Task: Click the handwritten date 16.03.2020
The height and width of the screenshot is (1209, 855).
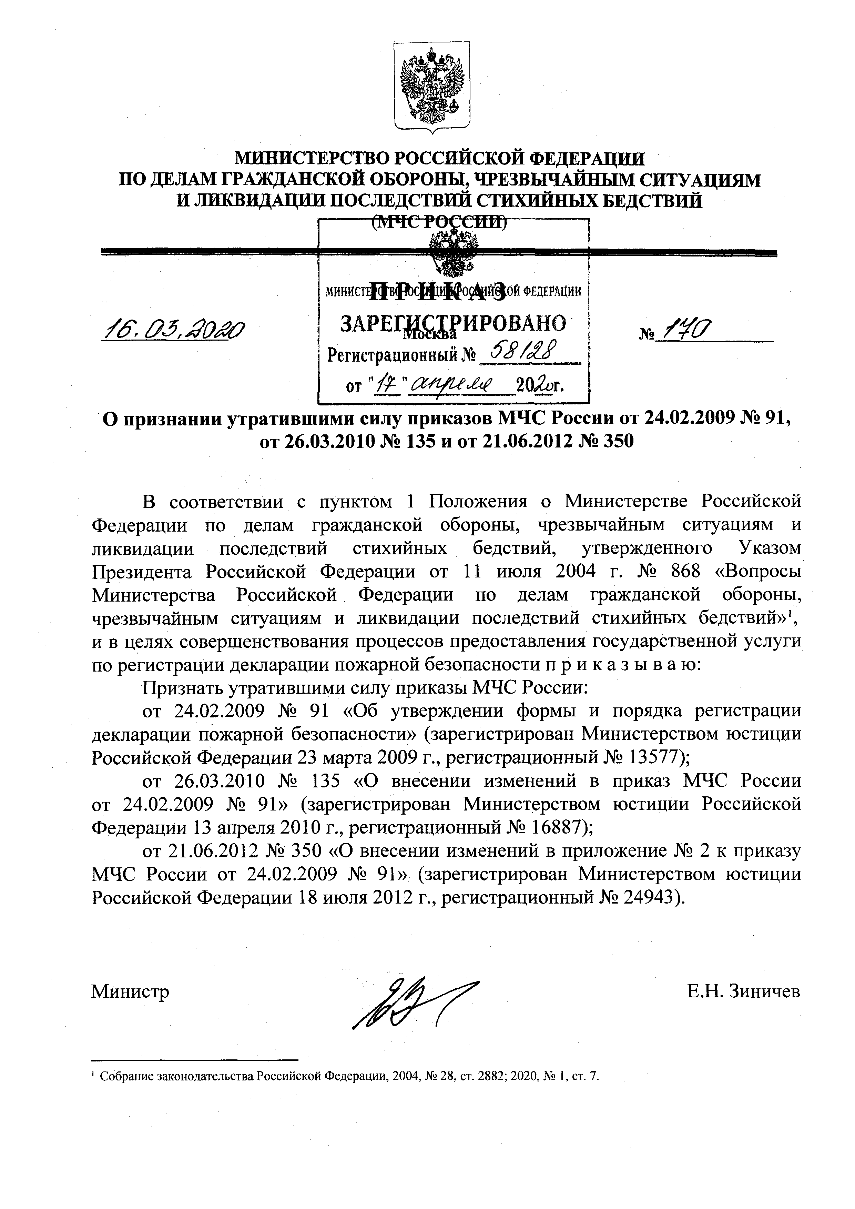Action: click(x=173, y=331)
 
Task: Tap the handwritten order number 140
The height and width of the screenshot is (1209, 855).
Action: click(x=688, y=331)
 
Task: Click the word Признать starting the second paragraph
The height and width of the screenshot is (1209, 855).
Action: click(x=179, y=688)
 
